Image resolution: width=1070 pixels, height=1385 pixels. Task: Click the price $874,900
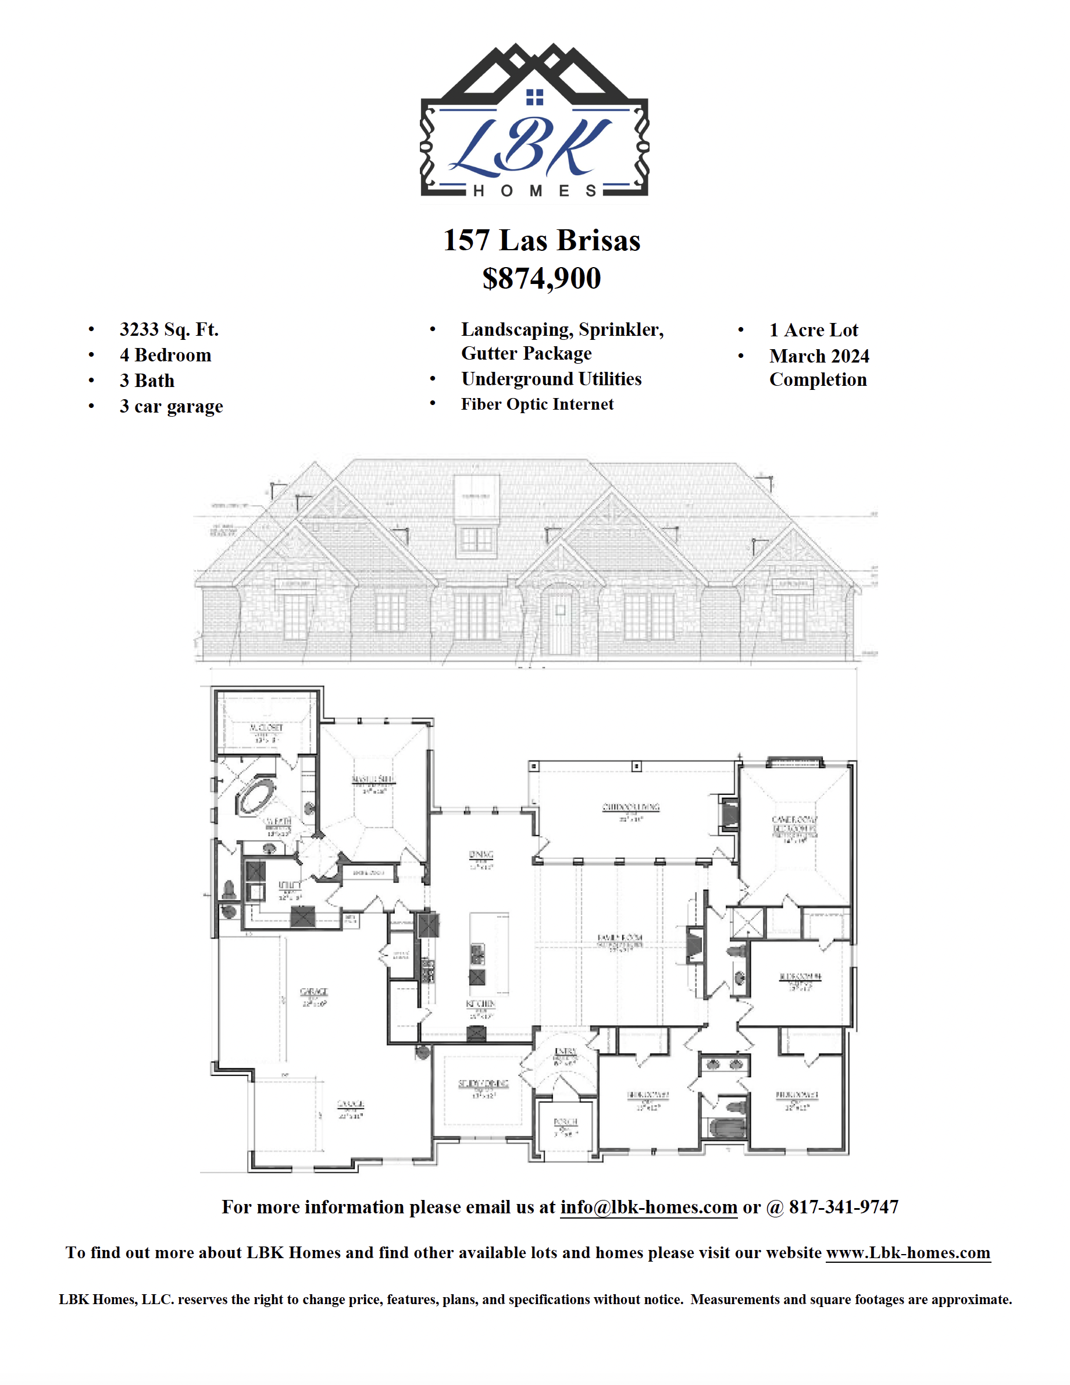click(x=541, y=278)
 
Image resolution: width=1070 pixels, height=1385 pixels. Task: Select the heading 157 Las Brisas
click(x=541, y=240)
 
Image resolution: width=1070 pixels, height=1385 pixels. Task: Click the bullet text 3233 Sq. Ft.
click(x=169, y=329)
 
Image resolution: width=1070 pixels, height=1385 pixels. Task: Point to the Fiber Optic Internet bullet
click(x=537, y=404)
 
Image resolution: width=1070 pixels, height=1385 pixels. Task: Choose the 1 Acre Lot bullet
click(x=814, y=330)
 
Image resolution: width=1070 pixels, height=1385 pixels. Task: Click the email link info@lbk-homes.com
click(x=648, y=1207)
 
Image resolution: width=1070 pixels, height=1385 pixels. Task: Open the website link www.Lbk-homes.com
click(x=908, y=1252)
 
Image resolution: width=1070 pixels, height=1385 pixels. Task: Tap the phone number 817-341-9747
click(x=843, y=1207)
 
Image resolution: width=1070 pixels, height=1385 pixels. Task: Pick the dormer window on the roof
click(x=476, y=539)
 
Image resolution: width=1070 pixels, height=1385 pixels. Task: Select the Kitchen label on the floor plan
click(x=480, y=1004)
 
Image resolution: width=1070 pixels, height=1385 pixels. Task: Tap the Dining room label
click(x=481, y=855)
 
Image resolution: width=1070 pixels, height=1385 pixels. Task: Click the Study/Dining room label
click(x=483, y=1084)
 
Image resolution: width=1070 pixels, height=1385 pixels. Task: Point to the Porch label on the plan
click(x=565, y=1122)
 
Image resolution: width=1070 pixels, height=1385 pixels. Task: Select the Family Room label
click(x=620, y=937)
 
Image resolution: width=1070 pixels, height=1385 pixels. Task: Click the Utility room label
click(x=289, y=885)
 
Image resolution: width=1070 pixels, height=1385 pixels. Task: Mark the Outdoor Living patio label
click(x=631, y=807)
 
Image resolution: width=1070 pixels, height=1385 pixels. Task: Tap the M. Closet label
click(x=266, y=727)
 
